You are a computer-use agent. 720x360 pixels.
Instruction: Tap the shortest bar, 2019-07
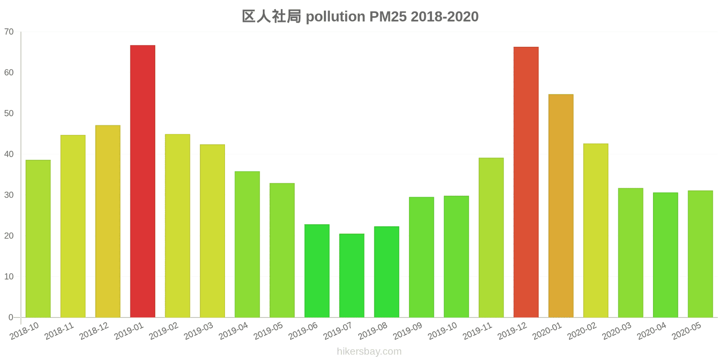click(x=351, y=275)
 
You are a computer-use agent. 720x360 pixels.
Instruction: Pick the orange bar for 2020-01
click(x=561, y=206)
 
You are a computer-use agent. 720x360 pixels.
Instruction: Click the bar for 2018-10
click(x=38, y=238)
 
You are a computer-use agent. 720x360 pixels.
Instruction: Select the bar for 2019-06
click(x=317, y=271)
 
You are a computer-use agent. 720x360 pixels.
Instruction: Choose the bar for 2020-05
click(x=700, y=254)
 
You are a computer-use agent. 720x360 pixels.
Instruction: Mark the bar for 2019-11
click(x=491, y=238)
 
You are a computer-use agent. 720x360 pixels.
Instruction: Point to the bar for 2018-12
click(x=108, y=221)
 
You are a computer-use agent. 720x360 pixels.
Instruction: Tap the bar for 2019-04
click(x=247, y=244)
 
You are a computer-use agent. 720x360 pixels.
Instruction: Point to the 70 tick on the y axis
click(x=9, y=32)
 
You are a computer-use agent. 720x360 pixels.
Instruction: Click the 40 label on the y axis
click(x=9, y=154)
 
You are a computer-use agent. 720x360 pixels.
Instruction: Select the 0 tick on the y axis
click(x=11, y=317)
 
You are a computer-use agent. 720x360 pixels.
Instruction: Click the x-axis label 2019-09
click(x=407, y=332)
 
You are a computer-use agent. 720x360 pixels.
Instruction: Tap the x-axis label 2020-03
click(x=616, y=332)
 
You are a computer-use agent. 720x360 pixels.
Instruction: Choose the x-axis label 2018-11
click(x=59, y=332)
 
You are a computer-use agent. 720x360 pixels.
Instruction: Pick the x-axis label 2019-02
click(x=163, y=332)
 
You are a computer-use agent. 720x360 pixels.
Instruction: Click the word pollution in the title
click(x=335, y=17)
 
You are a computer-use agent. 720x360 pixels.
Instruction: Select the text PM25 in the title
click(x=388, y=17)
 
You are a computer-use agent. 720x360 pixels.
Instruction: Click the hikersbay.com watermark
click(x=369, y=351)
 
